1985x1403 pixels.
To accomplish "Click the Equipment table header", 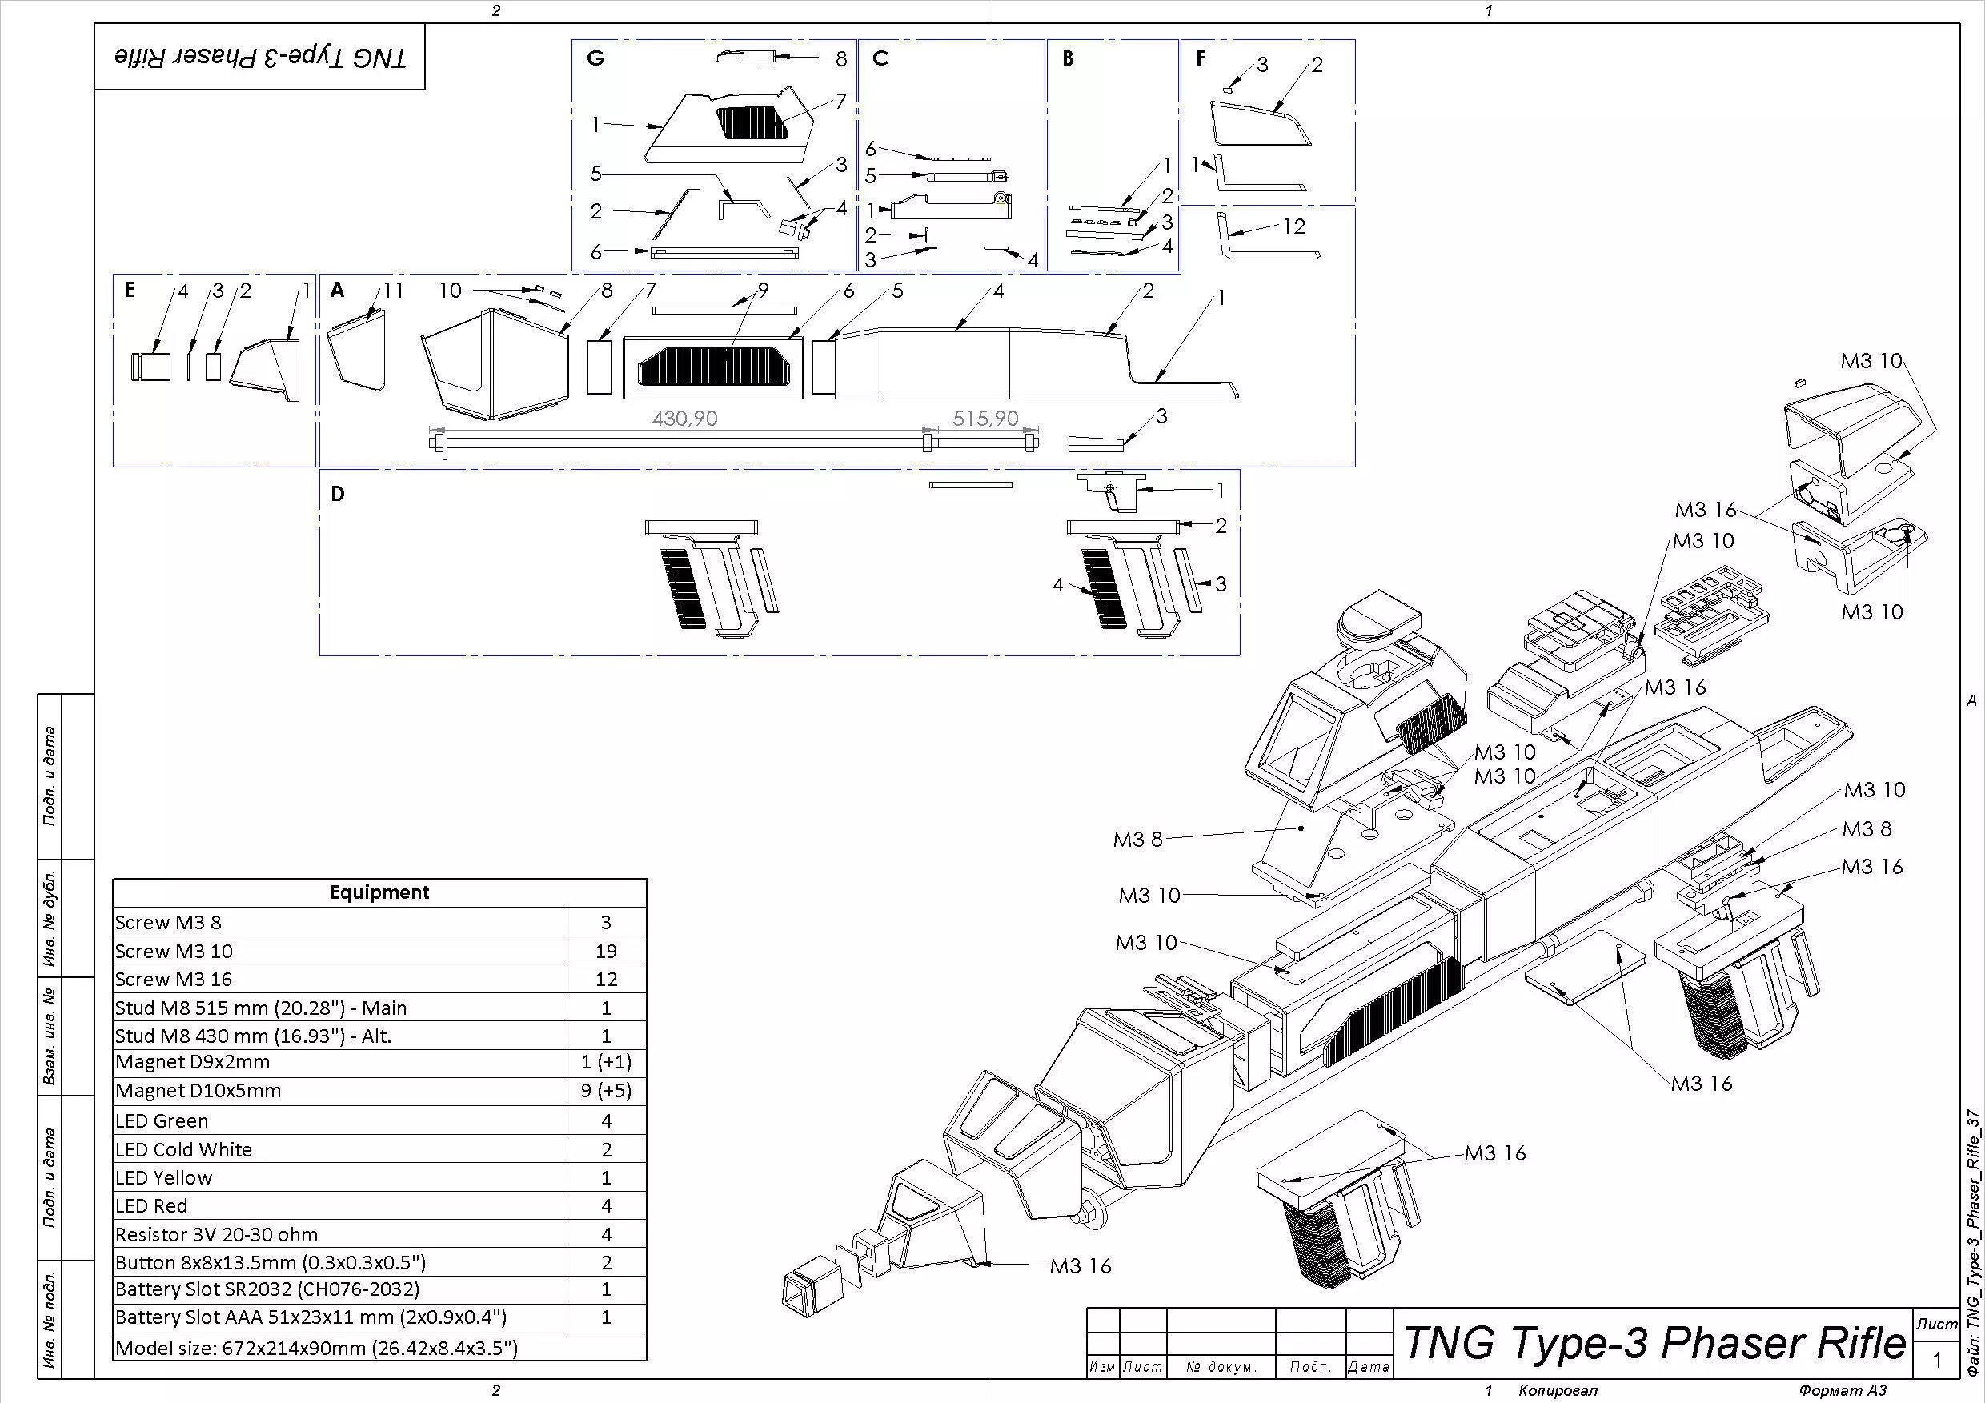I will [x=379, y=892].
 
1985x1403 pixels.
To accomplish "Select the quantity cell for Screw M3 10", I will [x=605, y=951].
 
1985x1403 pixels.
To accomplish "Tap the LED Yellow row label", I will [x=163, y=1177].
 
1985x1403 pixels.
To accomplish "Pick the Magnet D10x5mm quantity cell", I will [x=605, y=1091].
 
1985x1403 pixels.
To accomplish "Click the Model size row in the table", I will [x=316, y=1348].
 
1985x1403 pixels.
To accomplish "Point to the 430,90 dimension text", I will [x=684, y=419].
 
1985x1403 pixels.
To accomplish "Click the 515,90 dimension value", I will [x=984, y=419].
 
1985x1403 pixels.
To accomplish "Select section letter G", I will [x=595, y=58].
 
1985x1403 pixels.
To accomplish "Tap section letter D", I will [x=337, y=494].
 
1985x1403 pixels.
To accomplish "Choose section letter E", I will [x=129, y=290].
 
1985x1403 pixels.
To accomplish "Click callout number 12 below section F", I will [x=1293, y=226].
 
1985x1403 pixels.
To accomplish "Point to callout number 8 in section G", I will [x=841, y=58].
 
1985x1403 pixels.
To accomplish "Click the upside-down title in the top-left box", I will [x=260, y=57].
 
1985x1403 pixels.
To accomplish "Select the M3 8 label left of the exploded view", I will [x=1137, y=840].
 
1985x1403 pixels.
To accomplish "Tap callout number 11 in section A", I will [x=393, y=291].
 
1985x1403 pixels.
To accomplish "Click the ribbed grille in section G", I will [x=752, y=122].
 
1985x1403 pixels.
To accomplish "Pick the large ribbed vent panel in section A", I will [x=713, y=366].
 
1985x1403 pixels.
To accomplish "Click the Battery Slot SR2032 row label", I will [x=267, y=1289].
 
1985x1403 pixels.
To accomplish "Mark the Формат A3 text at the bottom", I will [x=1843, y=1390].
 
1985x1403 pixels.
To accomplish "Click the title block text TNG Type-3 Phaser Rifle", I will [x=1654, y=1343].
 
